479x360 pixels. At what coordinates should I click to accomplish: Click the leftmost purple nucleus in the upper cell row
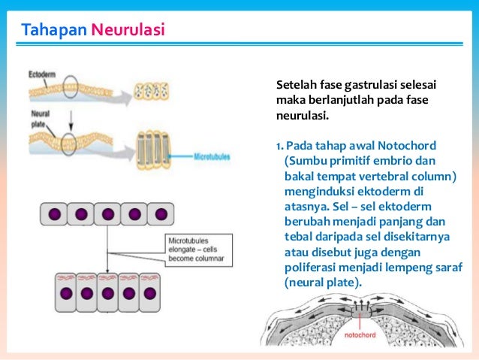coord(55,213)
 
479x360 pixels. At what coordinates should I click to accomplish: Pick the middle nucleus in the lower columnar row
coord(107,292)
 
